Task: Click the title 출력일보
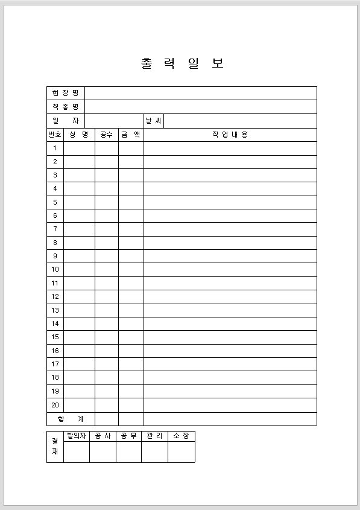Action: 182,64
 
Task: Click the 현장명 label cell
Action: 66,93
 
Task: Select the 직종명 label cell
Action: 66,107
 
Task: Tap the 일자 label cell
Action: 66,121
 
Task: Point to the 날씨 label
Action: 153,121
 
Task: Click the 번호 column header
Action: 55,135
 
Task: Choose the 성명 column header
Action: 79,135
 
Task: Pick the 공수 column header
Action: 107,135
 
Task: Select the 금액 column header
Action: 131,135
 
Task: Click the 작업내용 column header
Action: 230,135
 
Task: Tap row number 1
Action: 55,148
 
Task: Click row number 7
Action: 55,229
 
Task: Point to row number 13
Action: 55,310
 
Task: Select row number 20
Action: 55,405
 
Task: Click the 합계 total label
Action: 71,419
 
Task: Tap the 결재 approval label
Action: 55,446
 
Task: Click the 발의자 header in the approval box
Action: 77,436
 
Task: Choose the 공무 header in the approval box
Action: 128,436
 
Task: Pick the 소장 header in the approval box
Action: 181,436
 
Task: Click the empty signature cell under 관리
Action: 154,451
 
